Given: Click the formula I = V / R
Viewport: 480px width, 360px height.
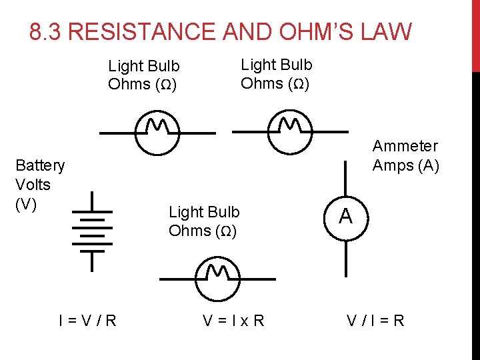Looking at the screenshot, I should point(87,321).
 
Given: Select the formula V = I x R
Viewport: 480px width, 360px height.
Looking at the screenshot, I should point(233,321).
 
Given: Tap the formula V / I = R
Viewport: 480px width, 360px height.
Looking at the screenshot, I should point(375,321).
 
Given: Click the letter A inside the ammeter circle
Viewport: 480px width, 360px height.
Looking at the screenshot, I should point(345,217).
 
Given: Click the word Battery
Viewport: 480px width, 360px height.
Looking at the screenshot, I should point(40,165).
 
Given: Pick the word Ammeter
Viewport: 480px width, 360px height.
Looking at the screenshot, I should point(405,146).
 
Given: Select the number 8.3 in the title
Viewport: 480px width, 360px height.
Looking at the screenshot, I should point(46,32).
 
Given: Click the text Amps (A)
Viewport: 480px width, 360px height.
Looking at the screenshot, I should point(405,165).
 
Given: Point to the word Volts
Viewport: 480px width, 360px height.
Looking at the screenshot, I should point(33,184).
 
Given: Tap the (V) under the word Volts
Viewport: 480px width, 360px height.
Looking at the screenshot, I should point(25,204).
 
